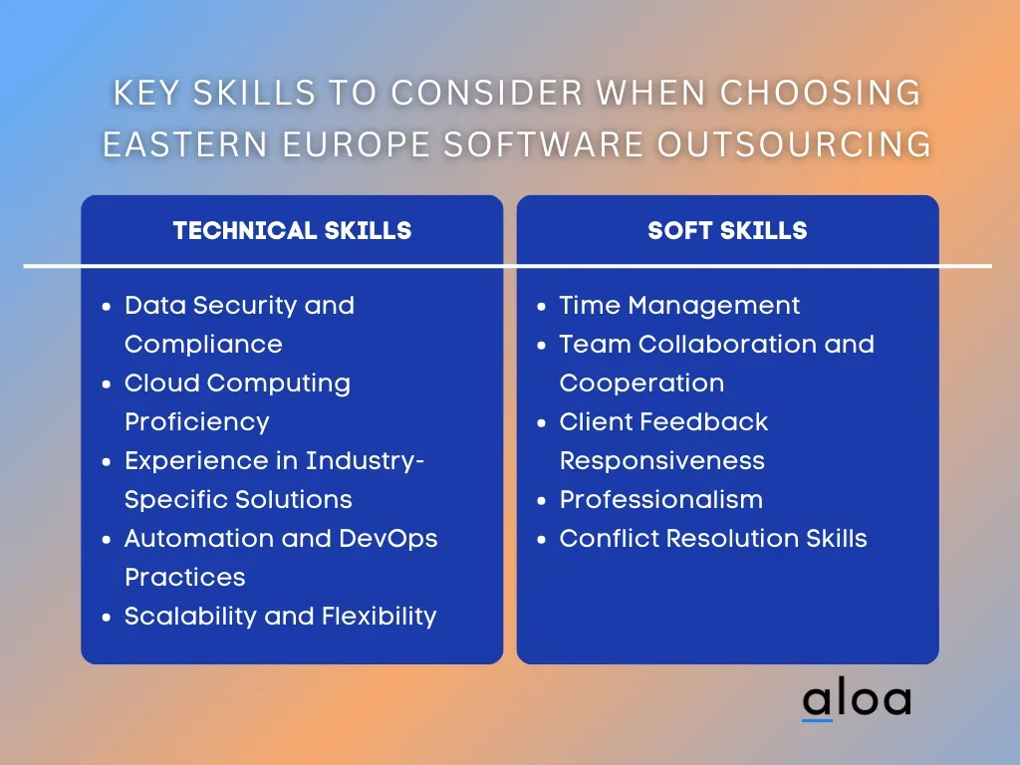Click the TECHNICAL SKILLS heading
click(x=292, y=230)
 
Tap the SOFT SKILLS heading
click(x=727, y=230)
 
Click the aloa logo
click(x=857, y=699)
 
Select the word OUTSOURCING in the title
click(x=794, y=144)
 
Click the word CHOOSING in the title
click(x=820, y=93)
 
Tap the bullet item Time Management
click(x=679, y=305)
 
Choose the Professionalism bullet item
click(x=661, y=500)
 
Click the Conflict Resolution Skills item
click(x=713, y=538)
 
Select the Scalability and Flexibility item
click(x=280, y=616)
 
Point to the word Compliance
click(x=203, y=345)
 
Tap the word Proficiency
click(x=197, y=422)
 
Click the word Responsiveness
click(x=662, y=461)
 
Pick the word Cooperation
click(x=642, y=383)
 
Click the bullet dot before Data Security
click(x=107, y=307)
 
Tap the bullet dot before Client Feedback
click(x=541, y=422)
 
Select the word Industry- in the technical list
click(x=365, y=460)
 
